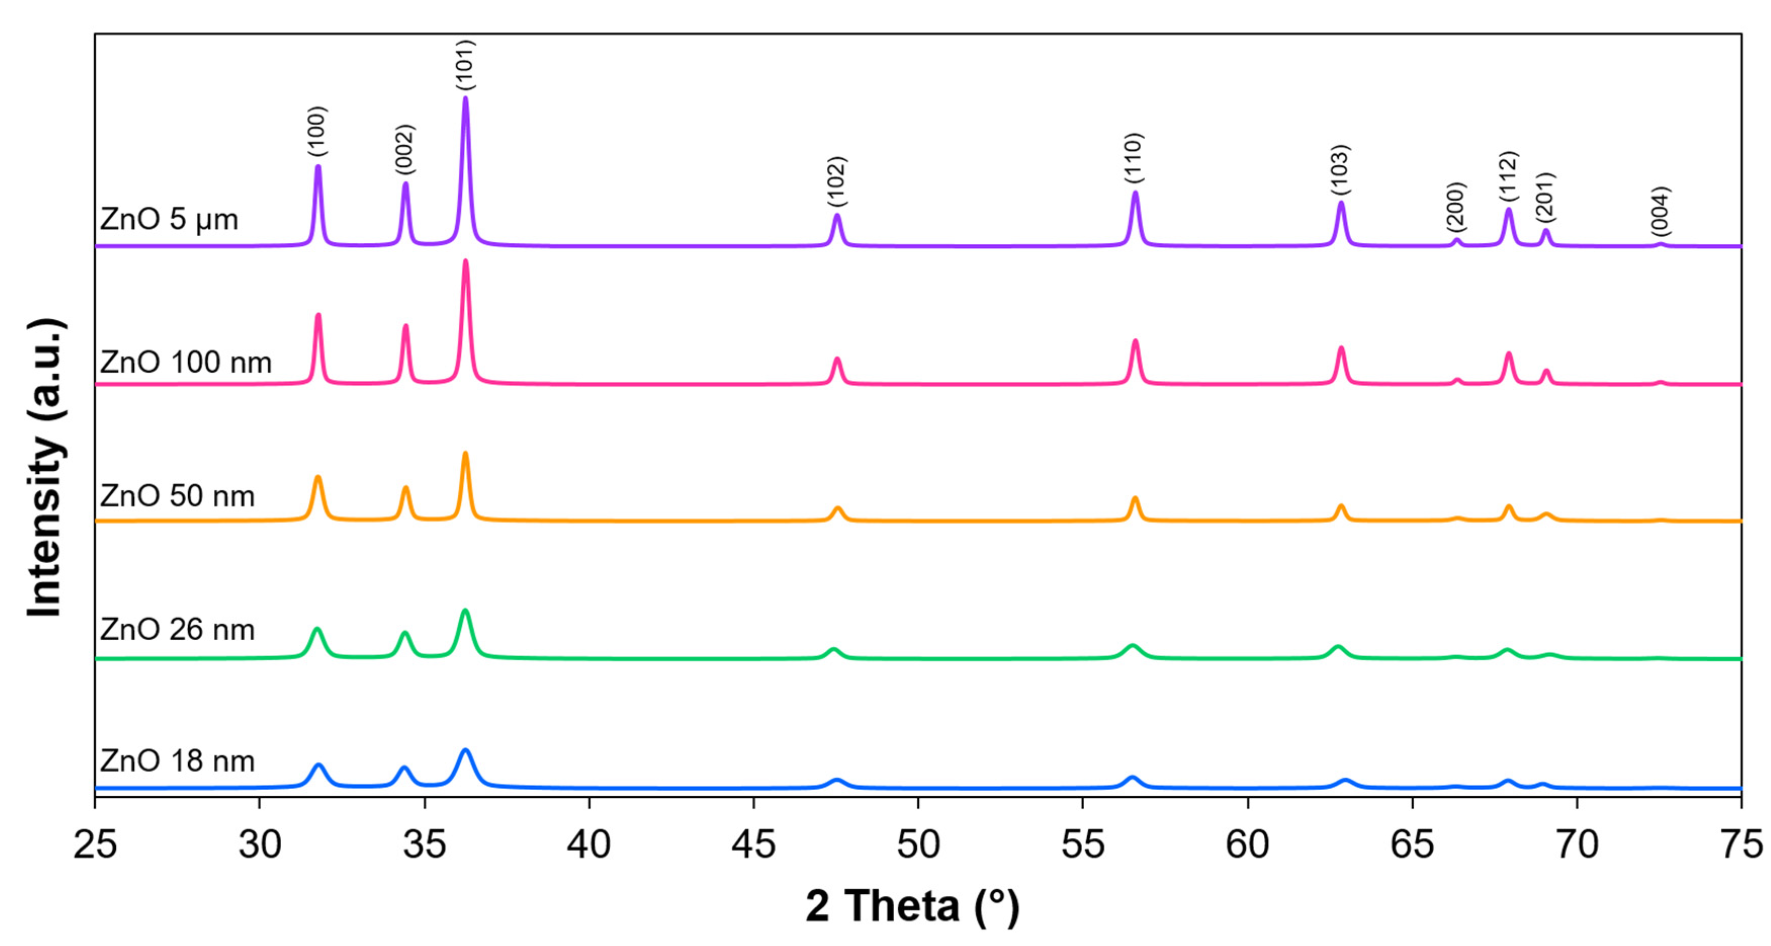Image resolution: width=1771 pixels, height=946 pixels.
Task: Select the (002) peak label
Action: (405, 149)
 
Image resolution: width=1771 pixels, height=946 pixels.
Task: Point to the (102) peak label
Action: (836, 182)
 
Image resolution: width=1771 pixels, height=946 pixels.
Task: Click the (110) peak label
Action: (1134, 158)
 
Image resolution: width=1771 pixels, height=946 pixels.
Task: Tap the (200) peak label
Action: (1456, 207)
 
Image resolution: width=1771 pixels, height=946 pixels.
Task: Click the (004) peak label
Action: (1660, 211)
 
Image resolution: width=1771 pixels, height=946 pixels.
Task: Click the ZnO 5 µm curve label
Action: (169, 220)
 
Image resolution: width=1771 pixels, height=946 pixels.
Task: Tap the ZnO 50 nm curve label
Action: (178, 495)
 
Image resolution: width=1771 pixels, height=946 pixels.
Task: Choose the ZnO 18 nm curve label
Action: (178, 761)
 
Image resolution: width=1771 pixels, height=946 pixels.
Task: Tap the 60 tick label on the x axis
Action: (1247, 844)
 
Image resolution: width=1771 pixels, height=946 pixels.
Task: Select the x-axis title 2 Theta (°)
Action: (912, 906)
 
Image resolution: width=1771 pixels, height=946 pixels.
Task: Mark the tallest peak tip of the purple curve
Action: (465, 98)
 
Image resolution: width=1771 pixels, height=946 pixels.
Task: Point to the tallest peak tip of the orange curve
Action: (465, 453)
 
